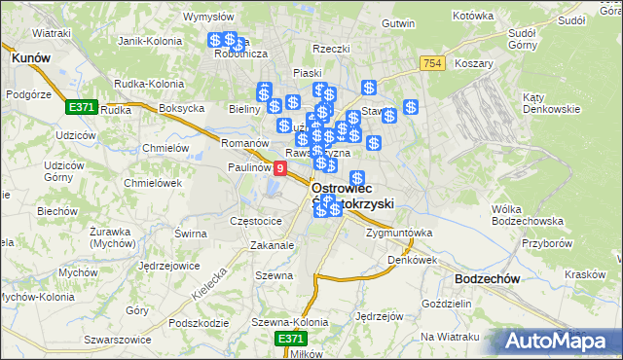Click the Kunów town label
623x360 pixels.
coord(31,58)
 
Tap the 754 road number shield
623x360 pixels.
coord(434,63)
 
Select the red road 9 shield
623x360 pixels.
coord(280,168)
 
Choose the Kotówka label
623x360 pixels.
coord(474,17)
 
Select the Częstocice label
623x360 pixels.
coord(255,221)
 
